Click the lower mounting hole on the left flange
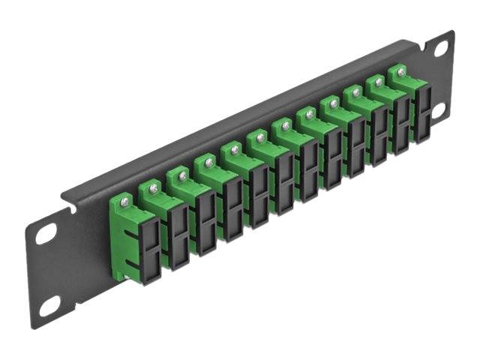(49, 304)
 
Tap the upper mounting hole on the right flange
(441, 48)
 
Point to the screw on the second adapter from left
(154, 187)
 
